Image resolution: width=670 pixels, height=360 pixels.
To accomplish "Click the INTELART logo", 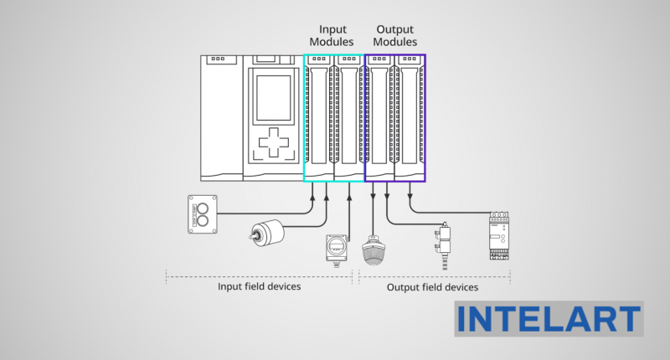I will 549,319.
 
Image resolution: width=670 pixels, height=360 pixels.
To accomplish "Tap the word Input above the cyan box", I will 333,29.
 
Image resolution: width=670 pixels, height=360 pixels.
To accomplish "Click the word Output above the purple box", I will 394,29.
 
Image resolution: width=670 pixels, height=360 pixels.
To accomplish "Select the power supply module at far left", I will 221,117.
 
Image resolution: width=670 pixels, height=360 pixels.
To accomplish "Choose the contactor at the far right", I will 500,235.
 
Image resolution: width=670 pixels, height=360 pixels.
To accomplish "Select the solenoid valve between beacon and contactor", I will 445,243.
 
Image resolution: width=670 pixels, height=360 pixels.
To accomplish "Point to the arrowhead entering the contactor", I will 410,197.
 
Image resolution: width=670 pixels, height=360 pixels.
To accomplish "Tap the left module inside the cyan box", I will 318,117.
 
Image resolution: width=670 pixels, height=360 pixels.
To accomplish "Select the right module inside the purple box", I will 410,117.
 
